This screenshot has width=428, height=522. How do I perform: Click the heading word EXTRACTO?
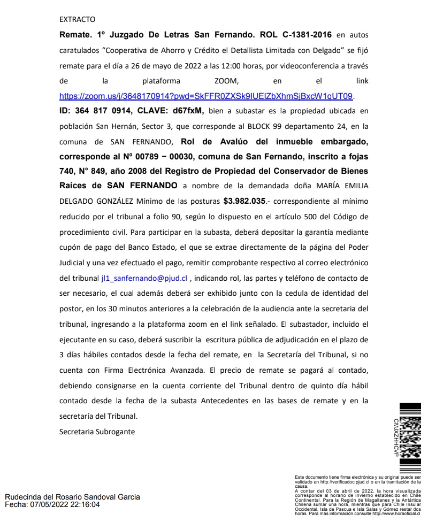[x=77, y=20]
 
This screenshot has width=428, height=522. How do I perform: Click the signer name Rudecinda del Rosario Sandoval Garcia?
[x=72, y=497]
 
